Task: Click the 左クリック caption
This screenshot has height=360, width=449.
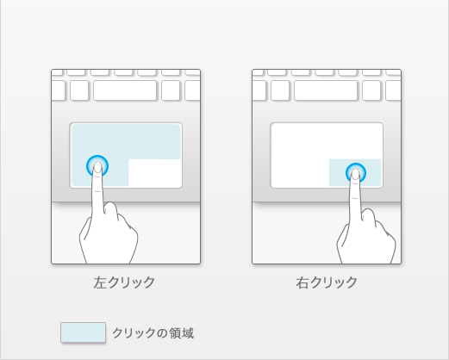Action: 124,282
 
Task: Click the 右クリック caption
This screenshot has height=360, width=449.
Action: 327,282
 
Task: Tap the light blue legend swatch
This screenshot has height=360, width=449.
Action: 83,332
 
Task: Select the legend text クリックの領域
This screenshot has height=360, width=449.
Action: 153,333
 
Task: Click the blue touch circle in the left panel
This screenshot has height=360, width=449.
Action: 97,166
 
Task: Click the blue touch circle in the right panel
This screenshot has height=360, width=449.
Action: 356,173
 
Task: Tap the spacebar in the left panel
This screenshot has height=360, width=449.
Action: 125,90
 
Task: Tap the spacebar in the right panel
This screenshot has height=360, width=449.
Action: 326,90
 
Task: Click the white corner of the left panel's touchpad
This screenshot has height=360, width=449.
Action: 155,173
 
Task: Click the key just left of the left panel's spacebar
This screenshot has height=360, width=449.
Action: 79,90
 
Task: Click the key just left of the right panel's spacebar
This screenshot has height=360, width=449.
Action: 280,90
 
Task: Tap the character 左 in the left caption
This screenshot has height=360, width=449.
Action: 100,282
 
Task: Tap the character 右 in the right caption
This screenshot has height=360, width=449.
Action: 302,282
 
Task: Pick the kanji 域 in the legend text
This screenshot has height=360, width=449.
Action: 188,333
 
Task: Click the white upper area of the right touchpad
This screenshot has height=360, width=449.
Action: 327,141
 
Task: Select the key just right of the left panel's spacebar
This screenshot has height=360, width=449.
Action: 171,90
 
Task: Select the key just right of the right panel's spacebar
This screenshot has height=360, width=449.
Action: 371,90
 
